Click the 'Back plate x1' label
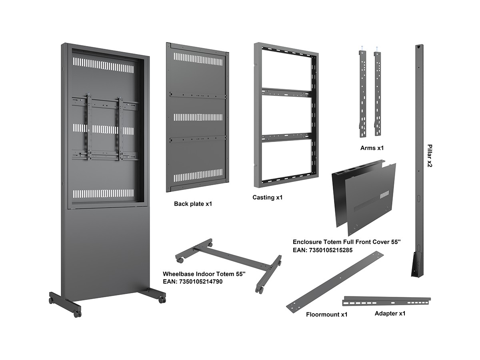point(193,204)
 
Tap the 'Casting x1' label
point(268,198)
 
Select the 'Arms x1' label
point(372,148)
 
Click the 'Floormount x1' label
point(326,314)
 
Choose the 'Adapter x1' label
point(390,313)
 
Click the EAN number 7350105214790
point(193,282)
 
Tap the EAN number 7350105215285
point(322,250)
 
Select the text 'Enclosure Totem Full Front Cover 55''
point(346,242)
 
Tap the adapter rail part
point(387,300)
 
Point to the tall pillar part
point(418,160)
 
